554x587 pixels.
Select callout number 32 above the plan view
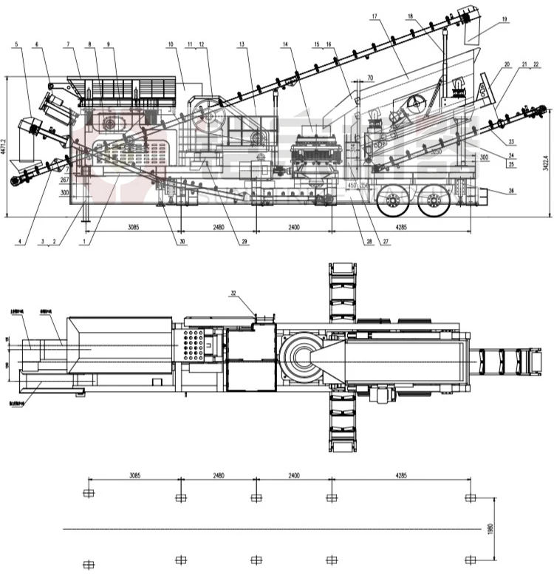(233, 293)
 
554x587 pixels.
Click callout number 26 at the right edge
(510, 192)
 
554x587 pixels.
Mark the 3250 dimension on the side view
(437, 152)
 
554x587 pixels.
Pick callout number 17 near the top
(375, 17)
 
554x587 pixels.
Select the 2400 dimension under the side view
(293, 227)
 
